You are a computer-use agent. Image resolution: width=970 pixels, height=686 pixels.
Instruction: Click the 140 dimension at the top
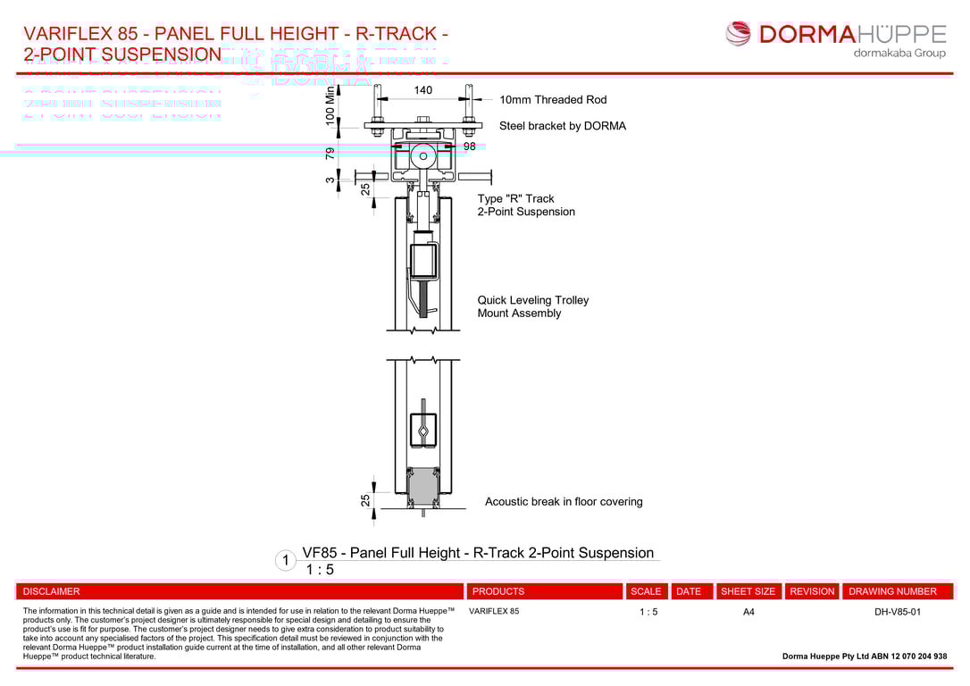(422, 90)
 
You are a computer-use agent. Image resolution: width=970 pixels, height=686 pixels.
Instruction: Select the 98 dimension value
(469, 146)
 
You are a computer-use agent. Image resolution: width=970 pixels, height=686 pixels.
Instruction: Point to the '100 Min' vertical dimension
(330, 104)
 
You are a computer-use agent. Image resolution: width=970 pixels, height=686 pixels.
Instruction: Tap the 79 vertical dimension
(330, 153)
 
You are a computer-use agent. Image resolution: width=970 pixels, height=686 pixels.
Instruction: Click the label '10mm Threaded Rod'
(552, 100)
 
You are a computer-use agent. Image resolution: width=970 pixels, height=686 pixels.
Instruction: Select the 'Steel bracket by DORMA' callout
(562, 126)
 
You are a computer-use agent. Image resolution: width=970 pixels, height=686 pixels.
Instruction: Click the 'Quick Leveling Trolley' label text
(532, 300)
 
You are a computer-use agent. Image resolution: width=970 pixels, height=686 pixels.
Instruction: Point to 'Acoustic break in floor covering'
(563, 502)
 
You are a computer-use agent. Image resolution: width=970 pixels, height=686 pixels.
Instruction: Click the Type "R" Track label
(515, 199)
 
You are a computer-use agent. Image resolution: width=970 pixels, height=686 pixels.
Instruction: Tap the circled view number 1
(286, 561)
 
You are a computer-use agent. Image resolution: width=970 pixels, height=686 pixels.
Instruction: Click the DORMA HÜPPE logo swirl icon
(739, 34)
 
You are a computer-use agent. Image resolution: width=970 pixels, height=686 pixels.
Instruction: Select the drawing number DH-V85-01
(897, 612)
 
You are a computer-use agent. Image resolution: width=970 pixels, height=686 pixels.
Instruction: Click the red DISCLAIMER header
(52, 591)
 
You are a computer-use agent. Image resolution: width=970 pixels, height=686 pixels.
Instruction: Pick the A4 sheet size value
(748, 612)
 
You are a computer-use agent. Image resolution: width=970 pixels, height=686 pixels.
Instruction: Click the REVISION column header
(812, 591)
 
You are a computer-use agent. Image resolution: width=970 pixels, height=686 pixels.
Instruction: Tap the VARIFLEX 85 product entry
(493, 612)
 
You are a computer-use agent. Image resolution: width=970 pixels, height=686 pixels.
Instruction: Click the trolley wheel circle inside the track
(423, 156)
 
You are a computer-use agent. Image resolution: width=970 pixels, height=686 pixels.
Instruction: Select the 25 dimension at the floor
(365, 500)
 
